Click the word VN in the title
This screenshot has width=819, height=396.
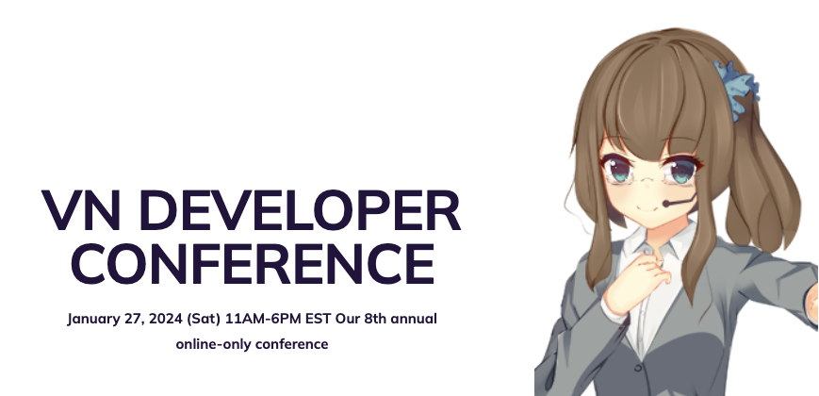point(81,210)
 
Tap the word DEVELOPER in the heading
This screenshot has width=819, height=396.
point(300,210)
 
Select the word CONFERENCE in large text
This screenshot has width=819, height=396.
point(258,264)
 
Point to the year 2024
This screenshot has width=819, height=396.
point(166,319)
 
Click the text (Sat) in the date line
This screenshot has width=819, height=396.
point(204,319)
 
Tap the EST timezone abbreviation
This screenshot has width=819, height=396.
point(319,319)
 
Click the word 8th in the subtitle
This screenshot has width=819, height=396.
point(375,319)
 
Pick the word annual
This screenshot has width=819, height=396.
point(414,319)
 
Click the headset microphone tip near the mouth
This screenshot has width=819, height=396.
point(666,204)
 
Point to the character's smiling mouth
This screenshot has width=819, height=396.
point(647,210)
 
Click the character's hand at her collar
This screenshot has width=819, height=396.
point(638,282)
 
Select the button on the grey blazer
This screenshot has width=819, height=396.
point(638,368)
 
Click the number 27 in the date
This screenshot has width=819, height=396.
point(134,320)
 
